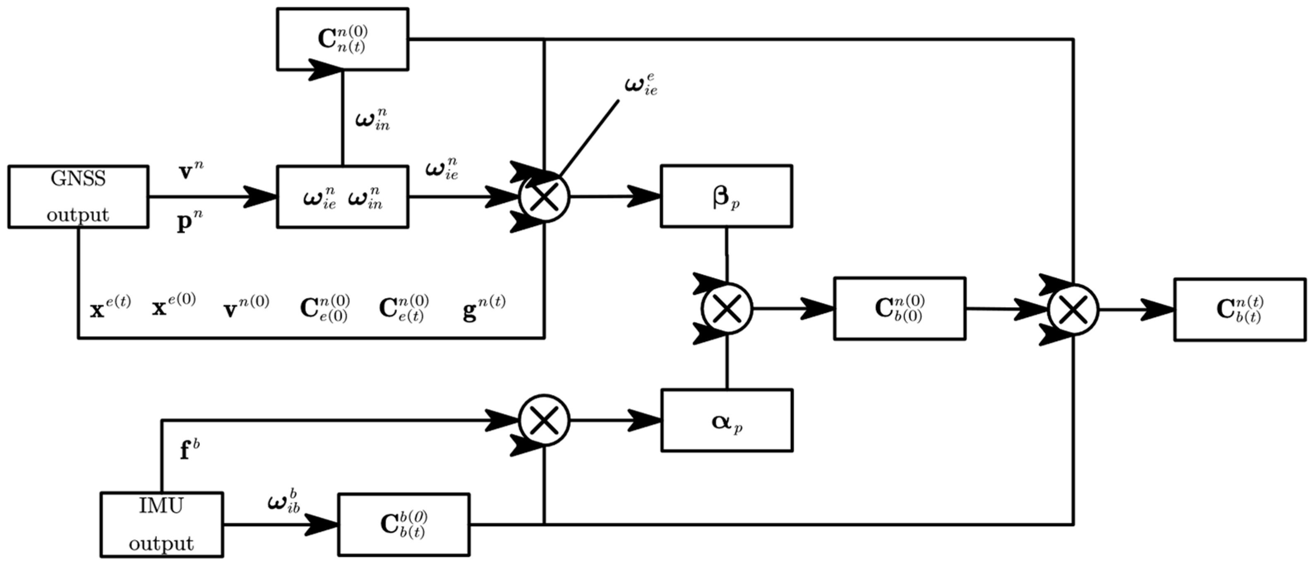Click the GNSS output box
click(x=78, y=196)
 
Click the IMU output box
click(x=161, y=524)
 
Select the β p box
click(x=726, y=196)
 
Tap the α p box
click(x=727, y=420)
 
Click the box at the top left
click(x=342, y=39)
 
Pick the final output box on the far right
click(x=1240, y=309)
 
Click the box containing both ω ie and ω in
click(x=342, y=196)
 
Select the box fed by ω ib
click(x=404, y=524)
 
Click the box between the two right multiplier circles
click(x=899, y=308)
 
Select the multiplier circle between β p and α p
click(x=727, y=308)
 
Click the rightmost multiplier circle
click(x=1073, y=310)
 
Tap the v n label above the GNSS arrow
click(x=191, y=172)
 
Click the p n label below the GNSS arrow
click(x=189, y=223)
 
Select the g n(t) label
click(x=484, y=308)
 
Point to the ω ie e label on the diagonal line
click(x=640, y=85)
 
